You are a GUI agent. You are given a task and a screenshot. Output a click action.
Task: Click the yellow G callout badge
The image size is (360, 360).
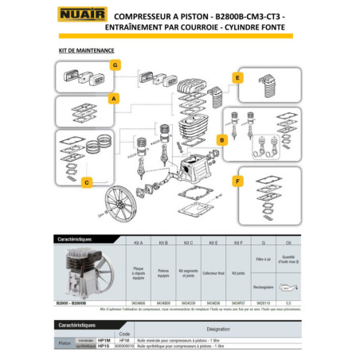click(x=115, y=65)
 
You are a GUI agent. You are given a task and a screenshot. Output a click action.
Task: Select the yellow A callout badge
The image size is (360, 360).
click(x=114, y=99)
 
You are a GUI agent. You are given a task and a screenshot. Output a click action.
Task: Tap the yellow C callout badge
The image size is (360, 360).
click(x=85, y=182)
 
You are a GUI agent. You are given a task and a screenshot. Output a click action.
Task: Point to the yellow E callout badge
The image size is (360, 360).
click(x=237, y=77)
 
